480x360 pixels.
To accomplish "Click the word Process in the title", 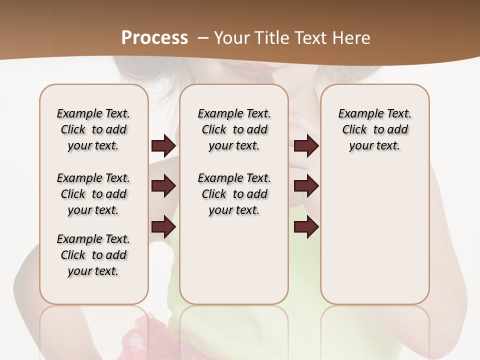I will point(154,38).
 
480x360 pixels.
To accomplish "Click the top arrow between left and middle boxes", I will point(163,145).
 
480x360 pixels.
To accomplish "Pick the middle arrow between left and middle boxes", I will point(163,186).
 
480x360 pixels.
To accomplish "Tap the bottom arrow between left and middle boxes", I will point(163,227).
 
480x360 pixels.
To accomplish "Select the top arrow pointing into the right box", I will point(306,145).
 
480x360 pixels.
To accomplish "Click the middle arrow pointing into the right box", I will point(306,186).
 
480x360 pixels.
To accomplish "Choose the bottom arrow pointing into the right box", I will point(306,227).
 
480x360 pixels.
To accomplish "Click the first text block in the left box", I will point(93,129).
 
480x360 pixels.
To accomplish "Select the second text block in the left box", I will point(93,194).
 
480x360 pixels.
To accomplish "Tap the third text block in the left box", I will point(93,255).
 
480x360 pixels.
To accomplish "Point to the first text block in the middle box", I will point(234,129).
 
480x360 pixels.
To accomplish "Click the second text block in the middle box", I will point(234,194).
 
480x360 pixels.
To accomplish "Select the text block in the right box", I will point(374,129).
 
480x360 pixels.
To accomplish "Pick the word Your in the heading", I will point(230,38).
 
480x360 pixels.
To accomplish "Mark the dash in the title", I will point(203,38).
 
